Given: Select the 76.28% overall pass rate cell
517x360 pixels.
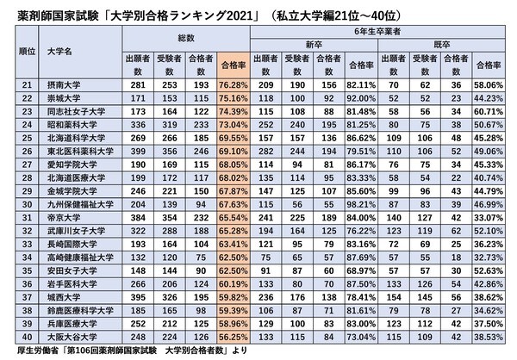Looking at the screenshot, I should [x=234, y=87].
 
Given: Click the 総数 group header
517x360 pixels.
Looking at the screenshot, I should [x=187, y=39].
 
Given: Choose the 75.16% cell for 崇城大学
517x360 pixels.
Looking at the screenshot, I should [x=234, y=99].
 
